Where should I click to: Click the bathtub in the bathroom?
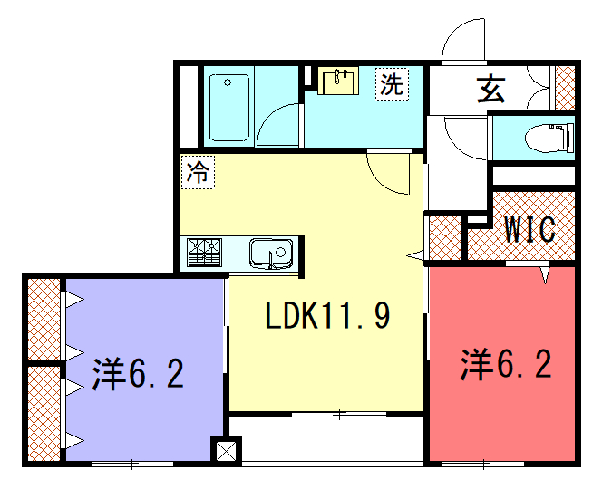pos(229,108)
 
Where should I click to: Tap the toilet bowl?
pos(549,138)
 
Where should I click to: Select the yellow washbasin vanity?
pos(338,81)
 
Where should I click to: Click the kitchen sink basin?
pos(271,254)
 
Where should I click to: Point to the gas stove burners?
pos(205,253)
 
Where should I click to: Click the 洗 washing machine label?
pos(392,84)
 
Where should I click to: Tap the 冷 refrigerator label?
pos(198,172)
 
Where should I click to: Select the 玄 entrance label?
pos(491,91)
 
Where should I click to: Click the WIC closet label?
pos(529,229)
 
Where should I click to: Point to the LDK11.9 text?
pos(328,315)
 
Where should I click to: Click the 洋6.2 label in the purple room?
pos(138,373)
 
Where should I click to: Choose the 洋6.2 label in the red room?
pos(507,363)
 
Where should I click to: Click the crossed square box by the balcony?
pos(227,451)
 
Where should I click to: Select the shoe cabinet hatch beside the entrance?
pos(565,88)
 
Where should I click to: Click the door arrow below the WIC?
pos(546,275)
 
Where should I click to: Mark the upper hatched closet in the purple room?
pos(44,319)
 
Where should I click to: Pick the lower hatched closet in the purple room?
pos(44,414)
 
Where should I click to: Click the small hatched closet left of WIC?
pos(445,238)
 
